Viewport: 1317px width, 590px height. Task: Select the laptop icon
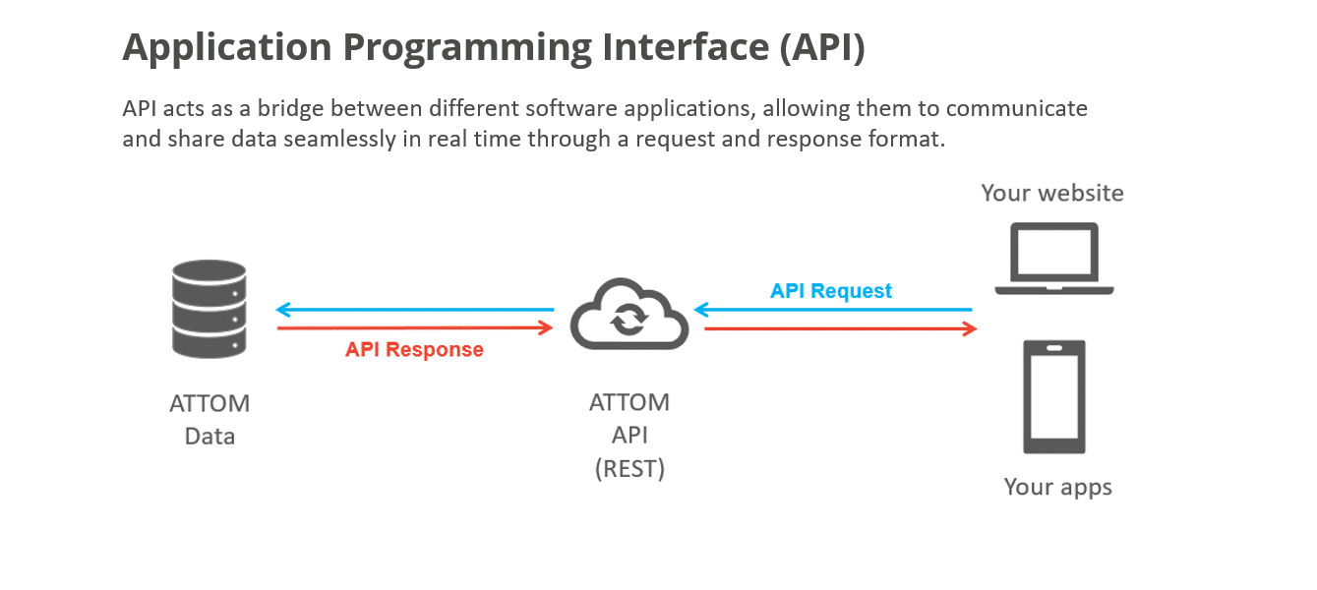1053,259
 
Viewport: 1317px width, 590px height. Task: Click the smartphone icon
1053,396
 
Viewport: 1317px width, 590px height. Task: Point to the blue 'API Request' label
830,291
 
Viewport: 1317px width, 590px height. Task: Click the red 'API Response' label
414,350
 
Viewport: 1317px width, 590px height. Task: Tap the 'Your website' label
1051,193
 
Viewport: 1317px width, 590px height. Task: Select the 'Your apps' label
1057,487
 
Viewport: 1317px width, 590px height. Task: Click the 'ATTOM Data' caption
210,419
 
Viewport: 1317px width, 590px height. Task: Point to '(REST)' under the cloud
629,469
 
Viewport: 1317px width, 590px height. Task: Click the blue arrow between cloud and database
414,310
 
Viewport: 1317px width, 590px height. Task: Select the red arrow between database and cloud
414,328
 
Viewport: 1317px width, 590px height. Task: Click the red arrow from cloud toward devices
841,328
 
